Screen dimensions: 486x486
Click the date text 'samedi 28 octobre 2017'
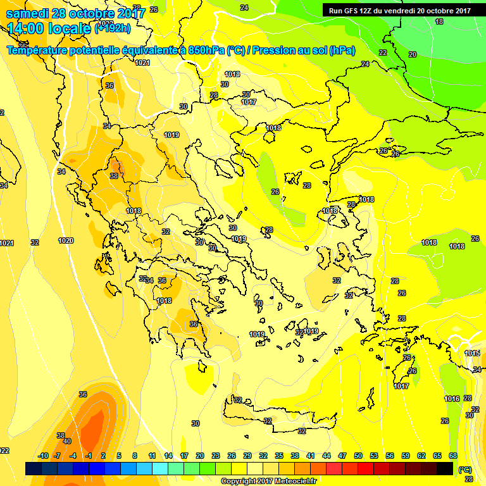click(76, 13)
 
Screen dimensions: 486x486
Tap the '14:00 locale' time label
click(49, 28)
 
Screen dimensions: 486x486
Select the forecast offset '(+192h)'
click(112, 28)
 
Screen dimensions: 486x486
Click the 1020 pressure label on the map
click(66, 240)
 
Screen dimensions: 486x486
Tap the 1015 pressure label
click(472, 353)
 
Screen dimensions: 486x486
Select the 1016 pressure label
click(452, 399)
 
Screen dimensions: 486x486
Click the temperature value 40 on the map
click(67, 441)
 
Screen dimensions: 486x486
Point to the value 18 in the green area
click(439, 22)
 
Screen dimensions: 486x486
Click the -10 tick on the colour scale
click(43, 456)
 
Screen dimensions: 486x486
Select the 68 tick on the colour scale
click(453, 456)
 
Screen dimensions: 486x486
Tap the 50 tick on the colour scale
click(358, 456)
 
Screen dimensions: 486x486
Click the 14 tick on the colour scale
click(168, 456)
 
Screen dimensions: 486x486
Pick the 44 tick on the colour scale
click(327, 456)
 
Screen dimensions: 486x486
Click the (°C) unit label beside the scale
click(465, 470)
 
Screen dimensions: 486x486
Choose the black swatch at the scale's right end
click(445, 468)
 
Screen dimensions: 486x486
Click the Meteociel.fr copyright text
click(268, 481)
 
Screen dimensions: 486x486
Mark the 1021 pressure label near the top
click(142, 63)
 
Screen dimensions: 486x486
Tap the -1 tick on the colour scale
click(89, 456)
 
